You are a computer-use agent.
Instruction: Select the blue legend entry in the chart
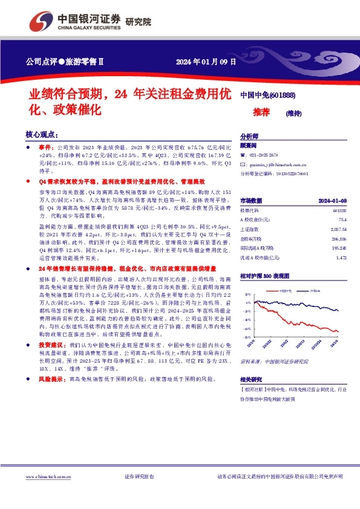tap(316, 291)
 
